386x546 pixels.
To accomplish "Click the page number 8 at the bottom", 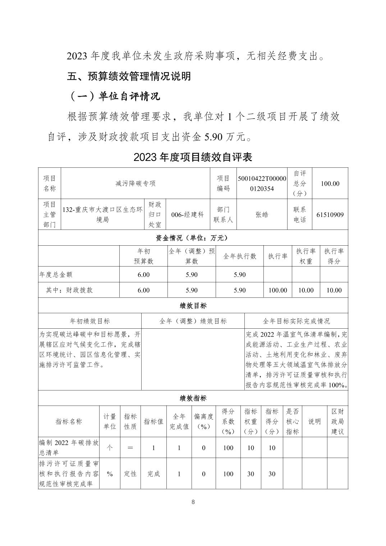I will [193, 502].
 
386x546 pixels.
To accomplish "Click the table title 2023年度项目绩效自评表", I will [193, 157].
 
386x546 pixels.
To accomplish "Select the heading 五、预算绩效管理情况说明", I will [129, 76].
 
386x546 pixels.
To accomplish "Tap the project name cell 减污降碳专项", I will [135, 183].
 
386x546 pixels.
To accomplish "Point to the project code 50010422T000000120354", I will [262, 183].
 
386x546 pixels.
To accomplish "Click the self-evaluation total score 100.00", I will [330, 183].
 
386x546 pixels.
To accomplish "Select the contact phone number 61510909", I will [330, 215].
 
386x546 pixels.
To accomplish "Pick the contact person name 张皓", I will [262, 215].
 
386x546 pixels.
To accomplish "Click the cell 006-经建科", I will [188, 215].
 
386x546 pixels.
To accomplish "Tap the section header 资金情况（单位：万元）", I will [193, 238].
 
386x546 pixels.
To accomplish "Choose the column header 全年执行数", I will [240, 256].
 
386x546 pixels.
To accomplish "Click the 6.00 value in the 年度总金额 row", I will [143, 274].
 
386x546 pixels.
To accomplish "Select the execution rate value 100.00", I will [278, 290].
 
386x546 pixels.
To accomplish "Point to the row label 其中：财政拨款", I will [69, 290].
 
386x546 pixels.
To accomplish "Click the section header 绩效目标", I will [193, 306].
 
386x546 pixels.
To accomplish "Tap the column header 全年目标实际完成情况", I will [296, 321].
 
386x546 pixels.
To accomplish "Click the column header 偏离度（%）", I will [204, 421].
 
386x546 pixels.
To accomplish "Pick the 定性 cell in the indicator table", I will [130, 474].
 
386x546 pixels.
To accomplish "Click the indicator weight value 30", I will [251, 474].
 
